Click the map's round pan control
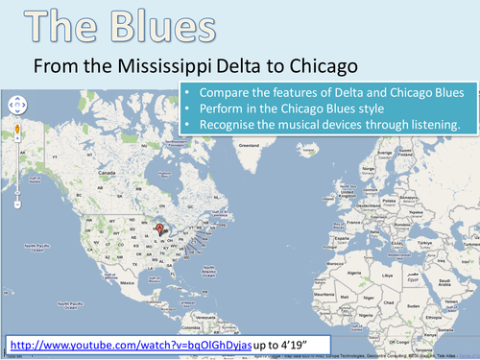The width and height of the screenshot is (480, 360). tap(15, 105)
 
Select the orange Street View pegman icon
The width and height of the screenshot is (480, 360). tap(15, 129)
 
